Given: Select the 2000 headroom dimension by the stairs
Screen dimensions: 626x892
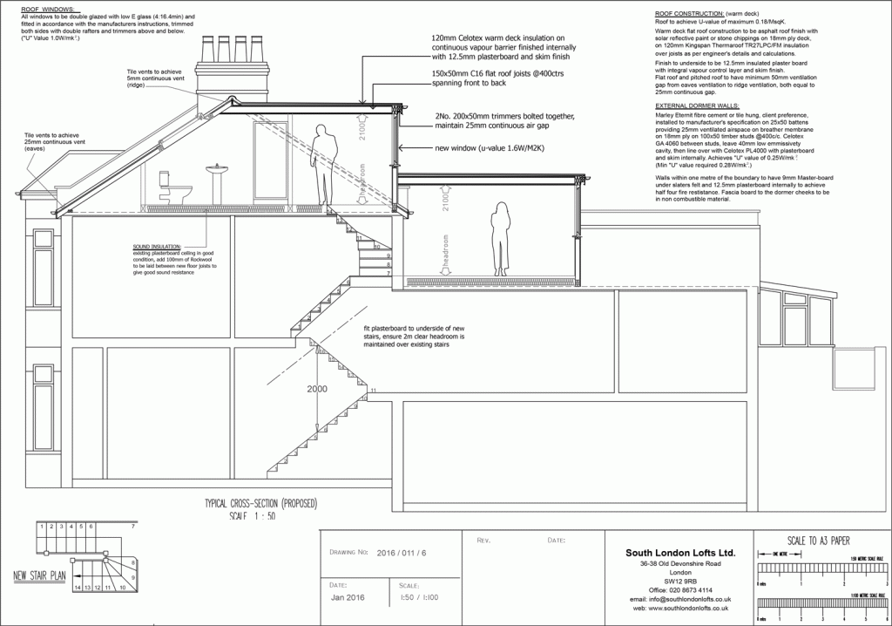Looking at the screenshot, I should pyautogui.click(x=316, y=389).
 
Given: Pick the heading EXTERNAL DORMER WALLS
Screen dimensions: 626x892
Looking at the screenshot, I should pyautogui.click(x=696, y=105).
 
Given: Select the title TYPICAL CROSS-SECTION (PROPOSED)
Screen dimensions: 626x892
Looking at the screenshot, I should pyautogui.click(x=260, y=503).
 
